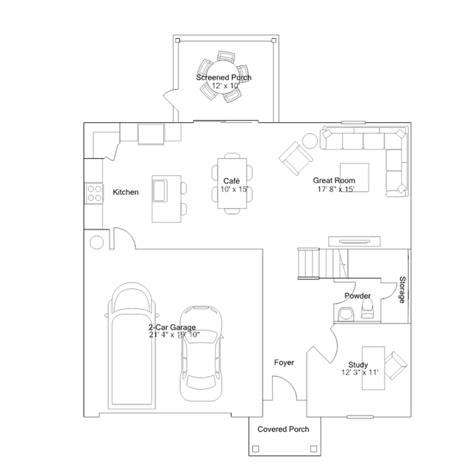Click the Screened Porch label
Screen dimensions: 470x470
(224, 77)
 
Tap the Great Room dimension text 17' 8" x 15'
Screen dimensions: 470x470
(336, 189)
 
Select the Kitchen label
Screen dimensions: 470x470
(126, 192)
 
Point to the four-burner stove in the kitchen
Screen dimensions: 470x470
(94, 193)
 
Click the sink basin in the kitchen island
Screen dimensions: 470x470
(160, 191)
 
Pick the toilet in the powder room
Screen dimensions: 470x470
(367, 310)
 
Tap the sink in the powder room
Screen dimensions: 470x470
(346, 315)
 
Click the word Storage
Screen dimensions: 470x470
(402, 290)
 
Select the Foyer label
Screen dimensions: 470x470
(284, 363)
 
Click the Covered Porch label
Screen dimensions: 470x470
(283, 430)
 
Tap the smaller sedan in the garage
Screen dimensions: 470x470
(201, 353)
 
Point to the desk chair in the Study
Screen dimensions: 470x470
(396, 366)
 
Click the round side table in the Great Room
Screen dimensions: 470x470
(310, 140)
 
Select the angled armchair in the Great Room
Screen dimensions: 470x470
(296, 159)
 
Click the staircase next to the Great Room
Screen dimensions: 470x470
(323, 263)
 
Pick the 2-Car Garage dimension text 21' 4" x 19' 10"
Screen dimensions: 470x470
(174, 335)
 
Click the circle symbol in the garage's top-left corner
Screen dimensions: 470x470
(97, 242)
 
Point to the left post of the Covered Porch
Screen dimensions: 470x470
(255, 449)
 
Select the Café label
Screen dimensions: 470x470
(232, 181)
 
